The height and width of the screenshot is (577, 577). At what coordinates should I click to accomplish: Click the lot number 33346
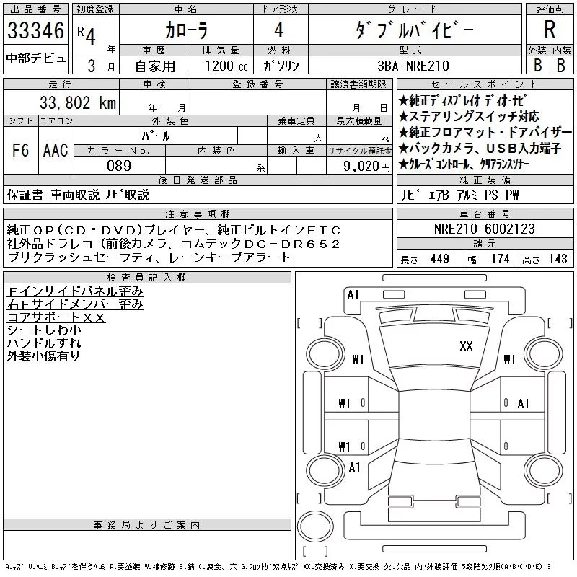coord(35,30)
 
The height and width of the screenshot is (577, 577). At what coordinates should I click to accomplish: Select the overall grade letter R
coord(550,30)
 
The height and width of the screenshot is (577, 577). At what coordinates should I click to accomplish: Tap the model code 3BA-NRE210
coord(413,66)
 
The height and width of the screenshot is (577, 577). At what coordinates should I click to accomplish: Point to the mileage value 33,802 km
coord(78,102)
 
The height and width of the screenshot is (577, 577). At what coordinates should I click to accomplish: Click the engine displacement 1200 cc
coord(226,66)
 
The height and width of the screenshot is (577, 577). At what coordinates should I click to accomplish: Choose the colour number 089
coord(119,166)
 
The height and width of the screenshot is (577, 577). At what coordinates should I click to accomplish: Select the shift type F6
coord(20,150)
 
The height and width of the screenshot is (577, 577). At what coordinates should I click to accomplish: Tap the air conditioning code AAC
coord(56,150)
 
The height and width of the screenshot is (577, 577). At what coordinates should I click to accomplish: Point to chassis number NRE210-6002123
coord(484,229)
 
